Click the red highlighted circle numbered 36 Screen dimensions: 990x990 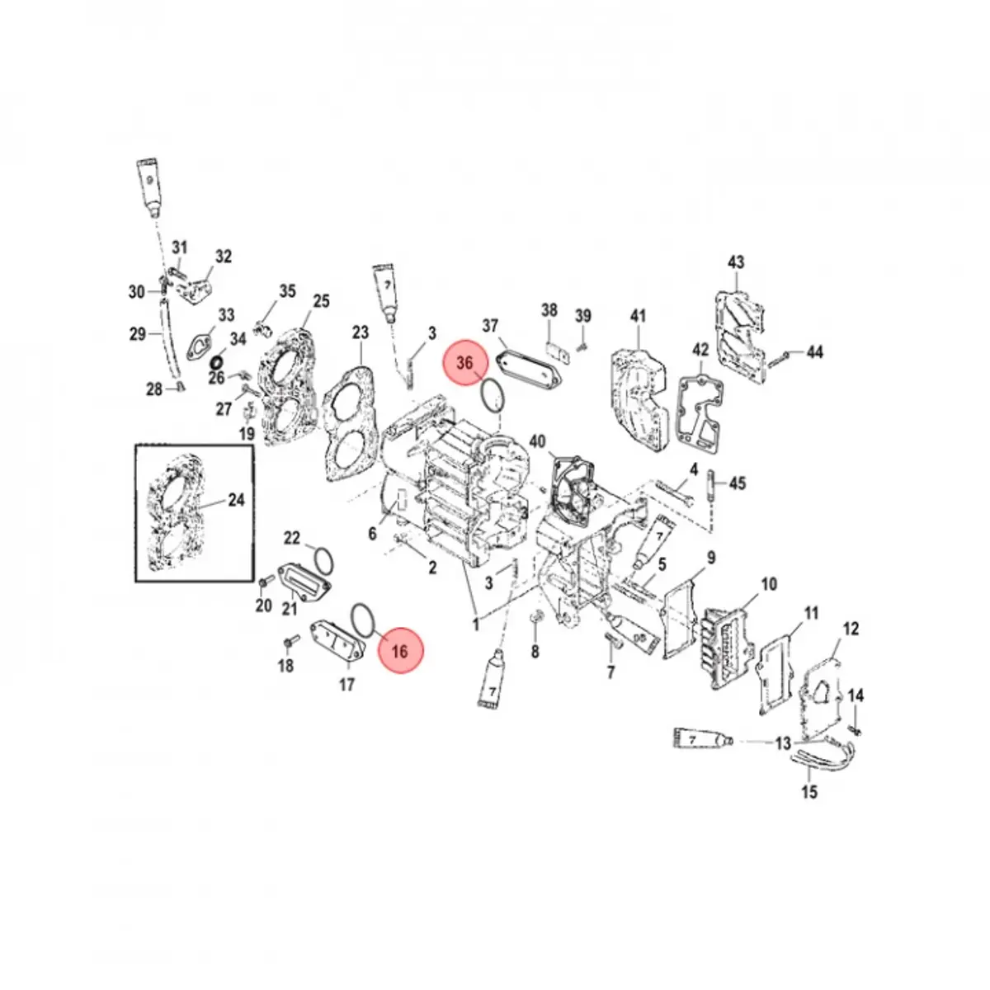[466, 363]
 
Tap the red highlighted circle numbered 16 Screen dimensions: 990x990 [400, 651]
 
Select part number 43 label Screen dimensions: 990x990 [736, 262]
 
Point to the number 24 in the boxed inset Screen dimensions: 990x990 [236, 500]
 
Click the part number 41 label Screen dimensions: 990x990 [639, 316]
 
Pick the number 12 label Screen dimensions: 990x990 [851, 629]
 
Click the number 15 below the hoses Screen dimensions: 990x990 [810, 793]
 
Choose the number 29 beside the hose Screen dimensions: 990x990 [138, 334]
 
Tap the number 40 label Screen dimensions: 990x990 [538, 442]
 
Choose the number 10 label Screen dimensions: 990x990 [768, 585]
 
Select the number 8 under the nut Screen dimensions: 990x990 [535, 653]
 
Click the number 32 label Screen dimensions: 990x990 [224, 257]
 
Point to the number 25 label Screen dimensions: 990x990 [321, 301]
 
